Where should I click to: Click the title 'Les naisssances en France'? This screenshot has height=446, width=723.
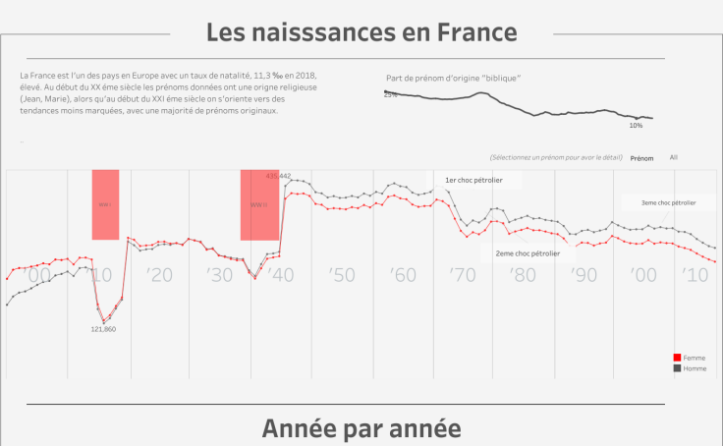tap(361, 31)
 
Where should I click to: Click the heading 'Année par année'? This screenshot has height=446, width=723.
tap(361, 429)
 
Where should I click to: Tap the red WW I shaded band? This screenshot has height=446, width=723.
tap(105, 204)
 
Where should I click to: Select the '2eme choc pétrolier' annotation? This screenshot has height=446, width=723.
tap(528, 253)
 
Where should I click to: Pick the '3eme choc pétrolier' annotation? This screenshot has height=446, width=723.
tap(669, 202)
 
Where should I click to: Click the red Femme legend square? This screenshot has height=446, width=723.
tap(677, 359)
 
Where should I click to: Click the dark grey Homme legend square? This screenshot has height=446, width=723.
tap(677, 368)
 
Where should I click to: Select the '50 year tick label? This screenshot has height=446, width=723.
tap(343, 276)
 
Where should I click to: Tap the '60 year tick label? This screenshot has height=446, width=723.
tap(403, 276)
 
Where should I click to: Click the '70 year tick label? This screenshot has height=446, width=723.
tap(464, 276)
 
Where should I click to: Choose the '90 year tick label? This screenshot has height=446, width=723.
tap(585, 276)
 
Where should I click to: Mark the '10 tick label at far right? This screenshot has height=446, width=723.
tap(703, 276)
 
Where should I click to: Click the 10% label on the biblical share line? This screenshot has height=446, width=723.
tap(636, 126)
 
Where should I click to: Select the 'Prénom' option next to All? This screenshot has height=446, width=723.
tap(641, 157)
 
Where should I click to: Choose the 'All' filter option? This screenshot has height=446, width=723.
tap(673, 157)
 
